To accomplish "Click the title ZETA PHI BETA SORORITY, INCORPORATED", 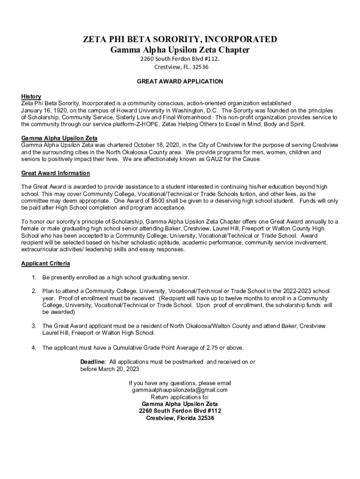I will (180, 39).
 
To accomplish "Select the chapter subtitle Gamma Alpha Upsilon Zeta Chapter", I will (180, 50).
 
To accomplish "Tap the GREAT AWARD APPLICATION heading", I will (180, 81).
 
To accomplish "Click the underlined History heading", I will (31, 96).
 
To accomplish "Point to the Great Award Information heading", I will (56, 173).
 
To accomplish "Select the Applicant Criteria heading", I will (46, 263).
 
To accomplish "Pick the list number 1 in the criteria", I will (34, 277).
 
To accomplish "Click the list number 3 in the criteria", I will (34, 326).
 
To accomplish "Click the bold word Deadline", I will (92, 362).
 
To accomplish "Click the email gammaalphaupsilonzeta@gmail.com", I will (180, 390).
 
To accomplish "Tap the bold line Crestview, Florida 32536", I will (180, 418).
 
